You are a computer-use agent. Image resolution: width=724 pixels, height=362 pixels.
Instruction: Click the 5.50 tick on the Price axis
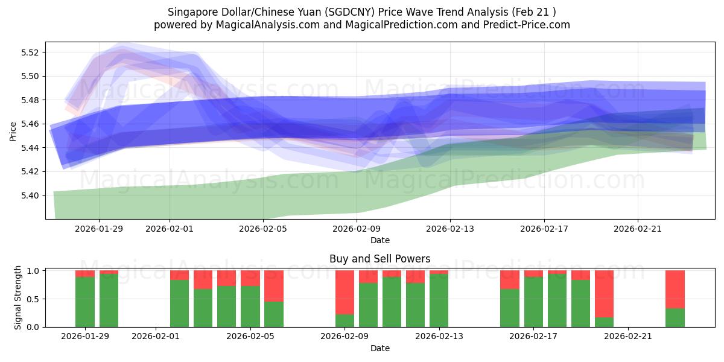click(28, 76)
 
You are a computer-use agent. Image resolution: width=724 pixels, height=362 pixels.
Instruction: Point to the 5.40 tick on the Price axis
click(28, 195)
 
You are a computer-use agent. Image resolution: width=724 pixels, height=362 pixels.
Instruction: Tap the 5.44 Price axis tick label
click(28, 148)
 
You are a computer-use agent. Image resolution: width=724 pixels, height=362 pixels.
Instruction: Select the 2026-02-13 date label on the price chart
click(450, 229)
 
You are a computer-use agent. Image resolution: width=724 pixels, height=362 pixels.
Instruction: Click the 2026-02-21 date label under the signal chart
click(629, 337)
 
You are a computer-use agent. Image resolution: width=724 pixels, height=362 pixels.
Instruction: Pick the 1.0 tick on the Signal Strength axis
click(34, 271)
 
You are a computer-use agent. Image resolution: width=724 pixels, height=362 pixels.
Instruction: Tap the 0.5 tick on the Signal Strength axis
click(34, 299)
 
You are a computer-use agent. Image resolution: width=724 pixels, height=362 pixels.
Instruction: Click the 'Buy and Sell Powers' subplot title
click(379, 259)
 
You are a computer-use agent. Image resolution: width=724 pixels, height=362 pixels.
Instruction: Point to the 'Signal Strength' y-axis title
click(18, 297)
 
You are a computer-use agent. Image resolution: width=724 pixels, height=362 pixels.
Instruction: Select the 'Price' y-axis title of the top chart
click(13, 130)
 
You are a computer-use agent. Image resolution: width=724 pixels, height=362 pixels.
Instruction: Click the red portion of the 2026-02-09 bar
click(345, 292)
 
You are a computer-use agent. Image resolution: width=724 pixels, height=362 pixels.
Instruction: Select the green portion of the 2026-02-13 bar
click(439, 300)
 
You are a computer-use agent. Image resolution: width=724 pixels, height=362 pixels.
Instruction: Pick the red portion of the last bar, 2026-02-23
click(675, 289)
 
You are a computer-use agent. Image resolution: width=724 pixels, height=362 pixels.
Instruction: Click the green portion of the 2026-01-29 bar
click(85, 302)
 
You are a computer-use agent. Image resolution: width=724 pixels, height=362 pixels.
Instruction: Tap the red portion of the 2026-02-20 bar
click(604, 293)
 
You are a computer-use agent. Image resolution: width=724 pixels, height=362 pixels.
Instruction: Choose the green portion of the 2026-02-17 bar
click(533, 302)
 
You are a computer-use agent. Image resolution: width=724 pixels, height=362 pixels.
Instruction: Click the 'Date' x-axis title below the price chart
click(379, 240)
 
